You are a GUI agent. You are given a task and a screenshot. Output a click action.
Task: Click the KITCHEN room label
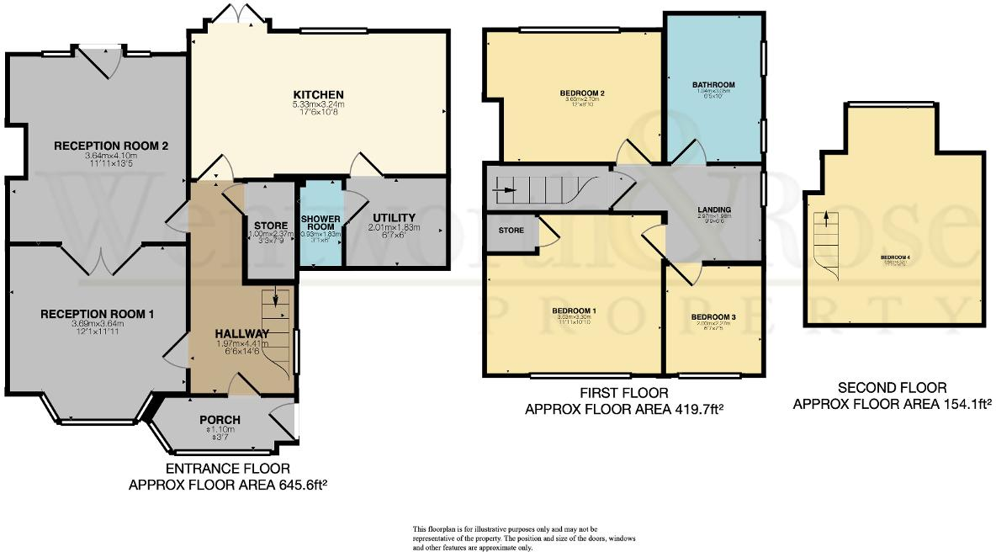click(x=318, y=93)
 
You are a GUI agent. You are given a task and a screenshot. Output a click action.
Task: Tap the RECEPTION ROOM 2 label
click(x=112, y=146)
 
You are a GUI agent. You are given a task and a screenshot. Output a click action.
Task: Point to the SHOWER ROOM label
click(x=321, y=223)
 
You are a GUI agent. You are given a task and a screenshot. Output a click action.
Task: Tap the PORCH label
click(x=220, y=420)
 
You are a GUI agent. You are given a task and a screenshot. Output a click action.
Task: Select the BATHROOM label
click(x=713, y=85)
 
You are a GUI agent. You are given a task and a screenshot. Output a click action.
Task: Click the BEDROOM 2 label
click(x=583, y=92)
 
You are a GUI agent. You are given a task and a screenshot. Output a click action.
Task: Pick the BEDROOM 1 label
click(x=574, y=310)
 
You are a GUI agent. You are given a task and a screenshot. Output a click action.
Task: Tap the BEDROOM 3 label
click(x=713, y=317)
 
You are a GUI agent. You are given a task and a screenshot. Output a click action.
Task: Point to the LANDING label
click(x=713, y=210)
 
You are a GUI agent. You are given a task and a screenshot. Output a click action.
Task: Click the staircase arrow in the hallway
click(x=275, y=302)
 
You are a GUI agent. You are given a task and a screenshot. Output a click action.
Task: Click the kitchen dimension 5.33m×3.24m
click(x=318, y=104)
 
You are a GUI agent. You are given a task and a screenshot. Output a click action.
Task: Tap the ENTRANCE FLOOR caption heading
click(x=228, y=469)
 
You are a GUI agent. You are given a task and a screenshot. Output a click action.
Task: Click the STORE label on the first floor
click(x=511, y=230)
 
